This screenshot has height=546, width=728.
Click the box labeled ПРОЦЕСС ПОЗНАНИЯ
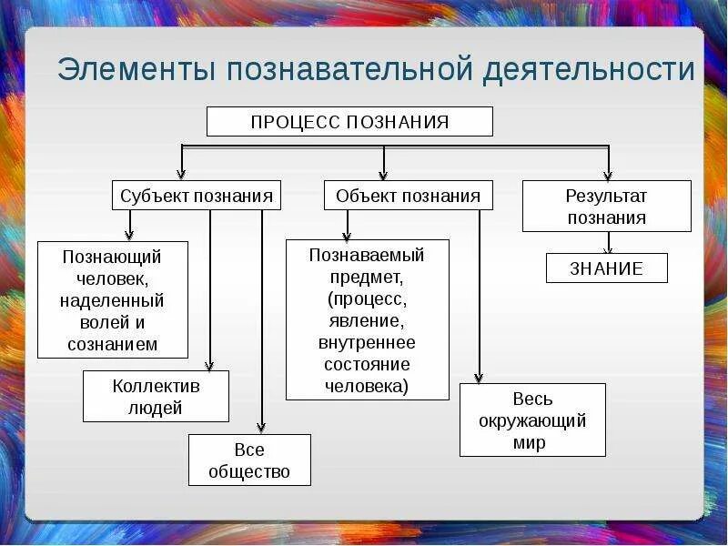349,122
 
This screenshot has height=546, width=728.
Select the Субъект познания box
197,195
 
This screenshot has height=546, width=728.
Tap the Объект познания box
408,195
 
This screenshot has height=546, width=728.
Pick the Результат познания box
606,206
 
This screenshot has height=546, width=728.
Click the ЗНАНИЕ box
606,268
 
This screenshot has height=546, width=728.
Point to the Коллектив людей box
156,397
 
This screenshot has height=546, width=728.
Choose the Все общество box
249,460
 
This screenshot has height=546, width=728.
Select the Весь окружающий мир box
532,420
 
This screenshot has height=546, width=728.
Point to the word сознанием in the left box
113,344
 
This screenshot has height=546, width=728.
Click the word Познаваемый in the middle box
367,255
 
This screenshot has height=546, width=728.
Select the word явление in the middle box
367,320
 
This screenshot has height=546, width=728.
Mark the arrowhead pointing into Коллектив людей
210,366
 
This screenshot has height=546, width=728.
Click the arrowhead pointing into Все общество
262,428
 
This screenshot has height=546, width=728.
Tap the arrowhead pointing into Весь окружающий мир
480,378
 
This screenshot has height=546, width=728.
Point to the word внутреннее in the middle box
367,342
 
